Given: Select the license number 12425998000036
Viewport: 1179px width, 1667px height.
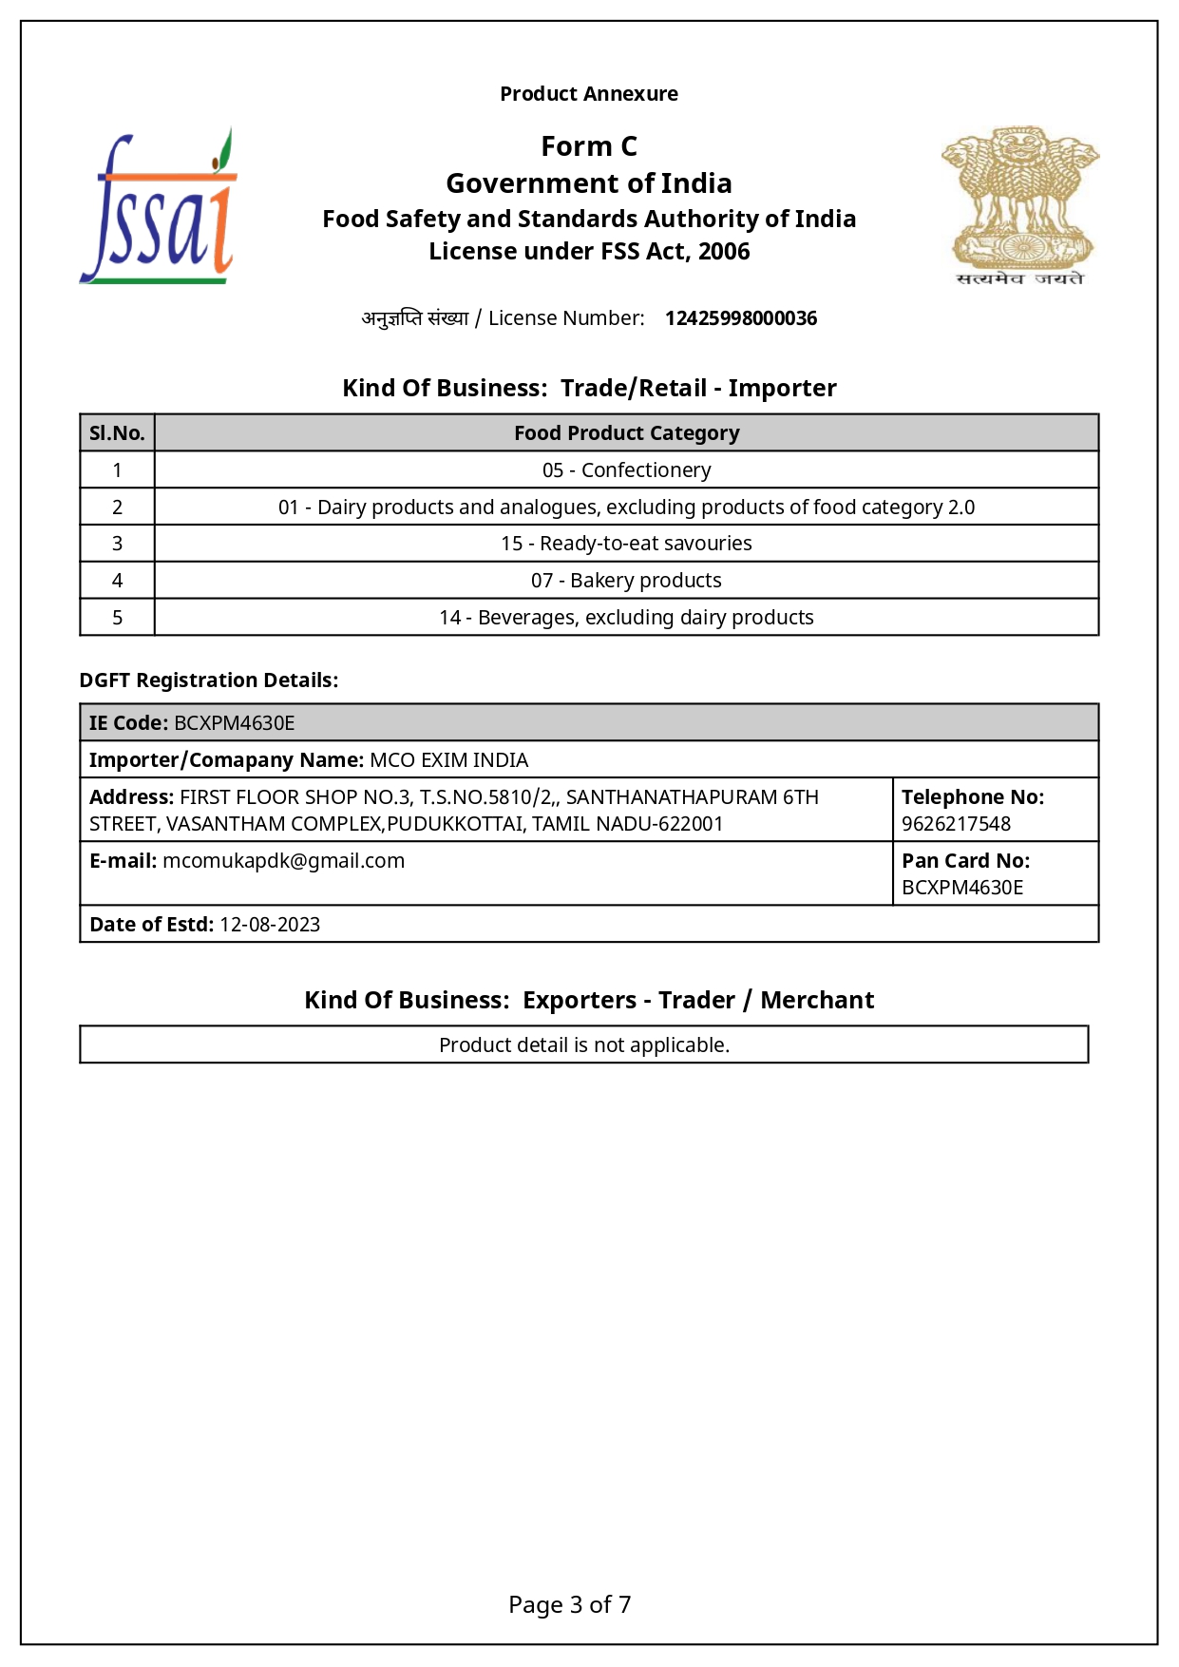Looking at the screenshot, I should coord(740,318).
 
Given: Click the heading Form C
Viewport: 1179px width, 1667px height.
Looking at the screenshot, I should coord(589,146).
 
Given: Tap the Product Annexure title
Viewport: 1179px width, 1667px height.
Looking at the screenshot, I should coord(589,94).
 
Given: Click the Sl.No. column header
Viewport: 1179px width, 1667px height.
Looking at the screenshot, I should coord(117,433).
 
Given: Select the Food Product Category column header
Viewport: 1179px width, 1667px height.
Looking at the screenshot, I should coord(626,433).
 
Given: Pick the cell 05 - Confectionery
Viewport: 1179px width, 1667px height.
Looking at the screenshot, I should coord(626,470).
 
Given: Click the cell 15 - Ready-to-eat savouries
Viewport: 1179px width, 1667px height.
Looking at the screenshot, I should coord(626,544).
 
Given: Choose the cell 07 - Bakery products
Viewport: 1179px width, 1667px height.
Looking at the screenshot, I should coord(626,581).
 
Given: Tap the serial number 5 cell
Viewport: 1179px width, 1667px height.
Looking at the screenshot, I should coord(117,618).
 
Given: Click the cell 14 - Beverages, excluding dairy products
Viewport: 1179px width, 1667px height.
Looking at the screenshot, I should coord(626,618).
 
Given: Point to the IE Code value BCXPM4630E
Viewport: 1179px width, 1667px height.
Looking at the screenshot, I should coord(235,723).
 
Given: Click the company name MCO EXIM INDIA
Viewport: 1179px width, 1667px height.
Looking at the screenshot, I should coord(448,760).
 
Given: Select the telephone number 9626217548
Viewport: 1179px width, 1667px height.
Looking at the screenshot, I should coord(956,824).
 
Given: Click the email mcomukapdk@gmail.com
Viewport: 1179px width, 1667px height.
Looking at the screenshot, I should coord(283,861).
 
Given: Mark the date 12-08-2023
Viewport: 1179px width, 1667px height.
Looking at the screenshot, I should coord(270,925).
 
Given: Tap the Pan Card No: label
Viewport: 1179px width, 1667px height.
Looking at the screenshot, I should coord(965,861).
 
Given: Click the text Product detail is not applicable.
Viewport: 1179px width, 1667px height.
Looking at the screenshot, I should coord(584,1045).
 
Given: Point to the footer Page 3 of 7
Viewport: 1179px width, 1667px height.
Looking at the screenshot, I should coord(569,1605).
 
